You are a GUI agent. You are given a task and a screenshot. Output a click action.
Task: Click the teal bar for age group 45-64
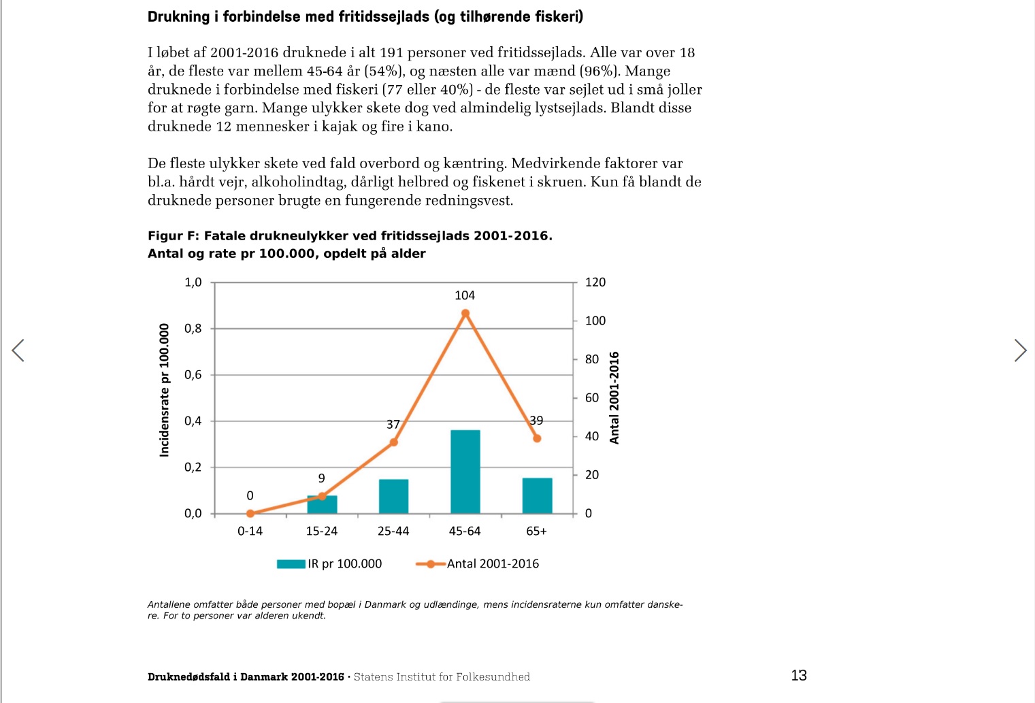coord(465,472)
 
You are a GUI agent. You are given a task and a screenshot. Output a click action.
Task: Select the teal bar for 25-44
coord(394,496)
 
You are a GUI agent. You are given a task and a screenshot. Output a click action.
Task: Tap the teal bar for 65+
coord(537,495)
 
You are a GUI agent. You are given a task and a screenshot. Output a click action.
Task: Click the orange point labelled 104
coord(465,313)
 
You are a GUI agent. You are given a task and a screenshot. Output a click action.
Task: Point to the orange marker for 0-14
coord(250,514)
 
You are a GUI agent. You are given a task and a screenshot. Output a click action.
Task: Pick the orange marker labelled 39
coord(537,439)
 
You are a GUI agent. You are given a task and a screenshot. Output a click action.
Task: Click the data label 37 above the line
coord(393,424)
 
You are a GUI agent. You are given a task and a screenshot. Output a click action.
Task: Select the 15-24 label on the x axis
coord(322,531)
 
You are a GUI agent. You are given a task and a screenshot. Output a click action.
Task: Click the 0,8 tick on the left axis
coord(193,329)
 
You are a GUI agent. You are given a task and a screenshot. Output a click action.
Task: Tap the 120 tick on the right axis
coord(595,282)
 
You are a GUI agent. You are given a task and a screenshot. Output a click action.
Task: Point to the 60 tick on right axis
coord(592,397)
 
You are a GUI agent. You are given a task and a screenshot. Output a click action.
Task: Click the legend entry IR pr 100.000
coord(329,564)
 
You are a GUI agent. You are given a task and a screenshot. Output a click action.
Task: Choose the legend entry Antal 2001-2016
coord(477,564)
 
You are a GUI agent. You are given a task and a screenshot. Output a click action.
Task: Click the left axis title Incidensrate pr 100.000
coord(164,390)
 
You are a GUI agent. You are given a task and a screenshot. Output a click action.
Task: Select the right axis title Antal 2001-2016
coord(614,398)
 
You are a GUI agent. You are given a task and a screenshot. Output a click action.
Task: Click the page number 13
coord(799,676)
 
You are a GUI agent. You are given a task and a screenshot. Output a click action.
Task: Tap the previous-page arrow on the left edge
coord(18,350)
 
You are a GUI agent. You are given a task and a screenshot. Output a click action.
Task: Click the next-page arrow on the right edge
coord(1020,350)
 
